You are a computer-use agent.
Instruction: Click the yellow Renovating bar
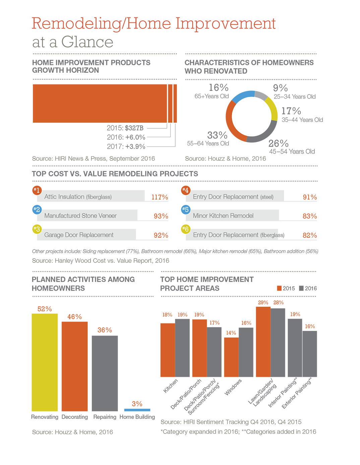click(45, 362)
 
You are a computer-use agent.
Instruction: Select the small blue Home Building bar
click(137, 410)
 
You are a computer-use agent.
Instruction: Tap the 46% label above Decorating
click(74, 317)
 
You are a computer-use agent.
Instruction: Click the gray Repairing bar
click(105, 373)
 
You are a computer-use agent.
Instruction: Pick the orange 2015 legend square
click(279, 288)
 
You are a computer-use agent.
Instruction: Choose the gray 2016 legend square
click(301, 288)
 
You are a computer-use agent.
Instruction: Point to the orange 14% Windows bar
click(231, 357)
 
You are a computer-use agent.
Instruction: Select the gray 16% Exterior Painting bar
click(310, 353)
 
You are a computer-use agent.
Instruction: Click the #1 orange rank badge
click(37, 190)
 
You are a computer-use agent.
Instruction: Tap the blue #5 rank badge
click(185, 210)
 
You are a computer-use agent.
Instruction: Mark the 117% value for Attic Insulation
click(160, 197)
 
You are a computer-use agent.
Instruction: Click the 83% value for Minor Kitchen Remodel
click(309, 216)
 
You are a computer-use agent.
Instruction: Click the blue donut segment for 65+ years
click(242, 96)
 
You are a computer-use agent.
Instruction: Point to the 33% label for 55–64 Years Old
click(217, 135)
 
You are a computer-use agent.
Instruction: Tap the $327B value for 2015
click(134, 128)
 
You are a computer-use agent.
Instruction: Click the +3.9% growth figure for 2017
click(135, 147)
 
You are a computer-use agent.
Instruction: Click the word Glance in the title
click(87, 42)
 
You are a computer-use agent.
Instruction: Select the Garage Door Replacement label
click(79, 235)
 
